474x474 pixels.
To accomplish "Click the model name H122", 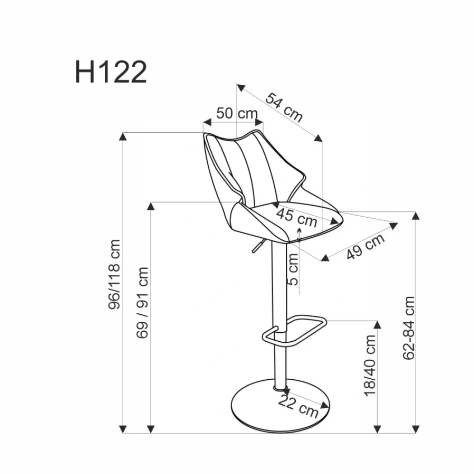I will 111,73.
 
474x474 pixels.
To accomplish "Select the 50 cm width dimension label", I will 237,114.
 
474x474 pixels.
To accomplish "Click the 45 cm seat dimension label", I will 297,217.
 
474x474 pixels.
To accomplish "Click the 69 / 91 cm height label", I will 142,302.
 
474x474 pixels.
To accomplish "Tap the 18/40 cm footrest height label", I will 370,365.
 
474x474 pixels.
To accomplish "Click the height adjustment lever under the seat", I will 256,247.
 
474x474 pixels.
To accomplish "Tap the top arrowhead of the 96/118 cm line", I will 123,137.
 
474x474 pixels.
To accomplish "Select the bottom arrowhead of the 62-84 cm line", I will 416,428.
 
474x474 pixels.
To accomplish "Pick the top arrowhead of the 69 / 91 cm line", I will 151,206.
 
